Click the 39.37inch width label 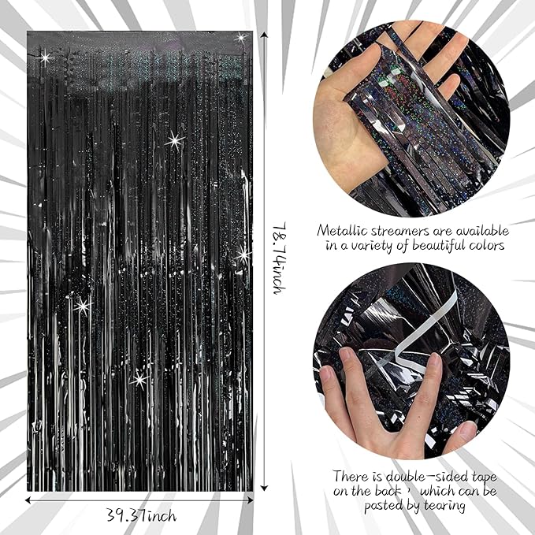coord(143,515)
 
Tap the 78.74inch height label coord(277,258)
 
